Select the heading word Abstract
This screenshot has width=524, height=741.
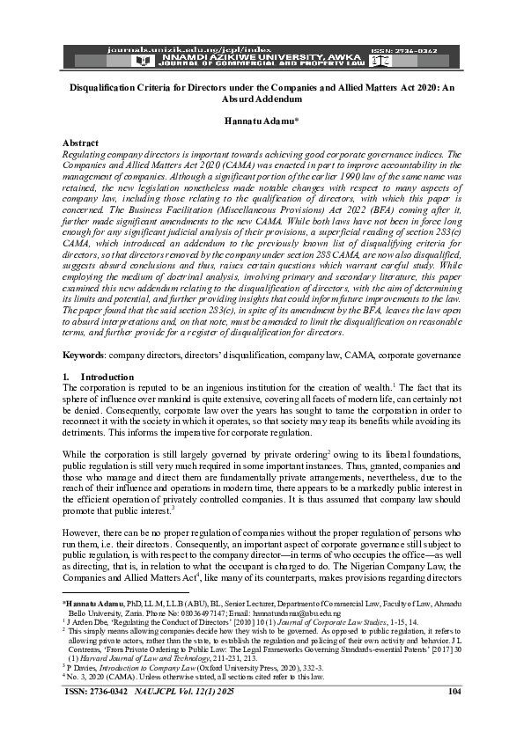pyautogui.click(x=82, y=142)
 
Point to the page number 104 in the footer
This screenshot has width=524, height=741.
pyautogui.click(x=455, y=716)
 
